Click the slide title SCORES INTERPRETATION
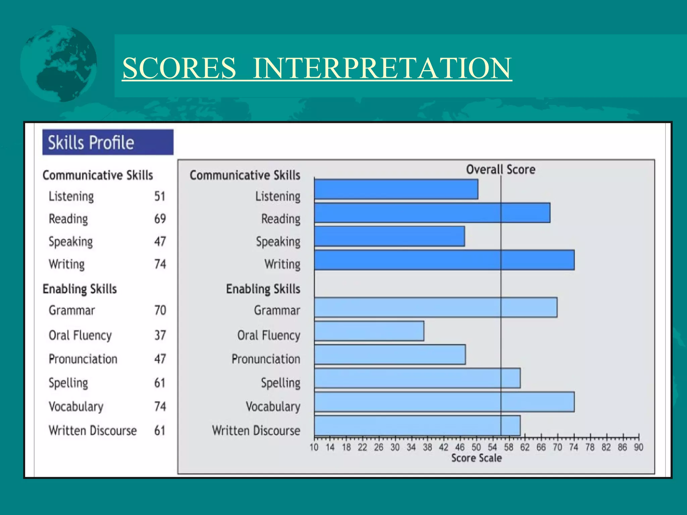317,68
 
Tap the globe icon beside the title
58,64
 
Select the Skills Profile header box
108,142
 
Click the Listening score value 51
160,196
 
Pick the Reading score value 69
160,219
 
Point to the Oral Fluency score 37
160,335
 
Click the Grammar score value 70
160,310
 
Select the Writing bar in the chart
444,260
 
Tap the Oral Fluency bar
369,331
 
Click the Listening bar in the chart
396,189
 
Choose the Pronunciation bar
390,354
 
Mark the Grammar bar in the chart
435,307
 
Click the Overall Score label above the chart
500,169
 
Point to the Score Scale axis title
476,458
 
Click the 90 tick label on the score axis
638,447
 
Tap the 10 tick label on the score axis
314,447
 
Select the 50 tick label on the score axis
476,447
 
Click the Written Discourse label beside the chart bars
256,431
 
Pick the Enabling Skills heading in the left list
80,289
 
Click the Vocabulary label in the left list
76,406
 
